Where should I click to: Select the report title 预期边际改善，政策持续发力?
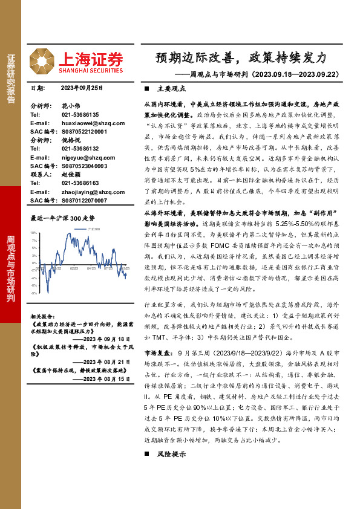point(240,57)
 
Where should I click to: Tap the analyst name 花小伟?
point(71,105)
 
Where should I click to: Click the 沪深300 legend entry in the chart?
point(93,230)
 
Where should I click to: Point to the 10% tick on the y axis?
point(34,232)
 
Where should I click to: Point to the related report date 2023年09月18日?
point(105,339)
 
